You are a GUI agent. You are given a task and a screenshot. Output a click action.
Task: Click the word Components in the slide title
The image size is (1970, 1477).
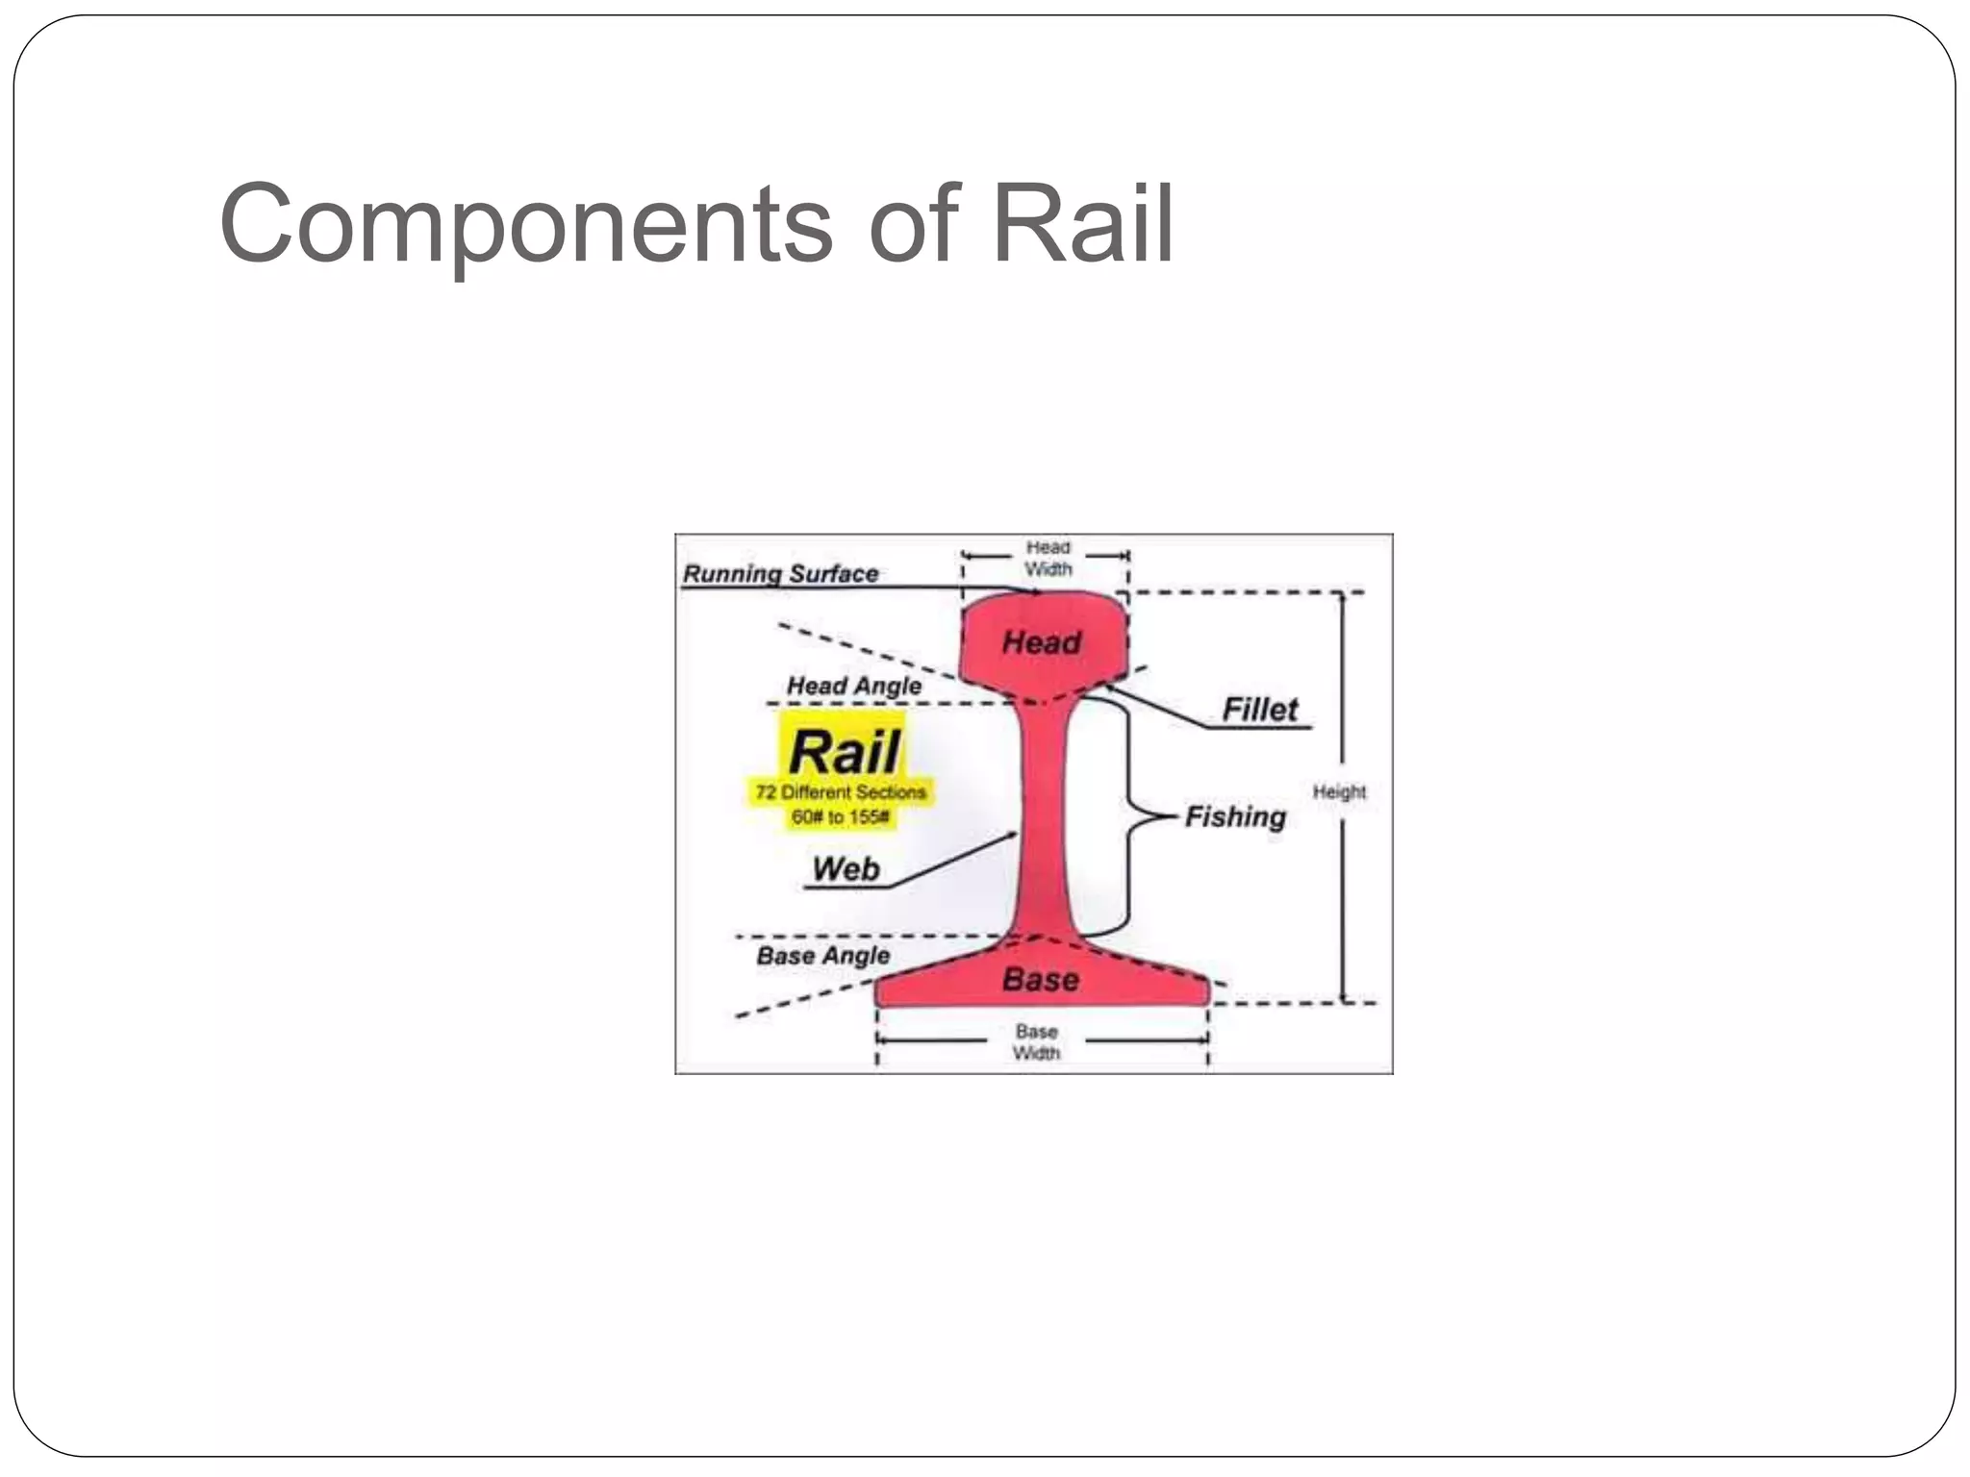pos(525,225)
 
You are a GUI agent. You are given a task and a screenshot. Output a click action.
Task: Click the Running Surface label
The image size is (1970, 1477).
pos(780,574)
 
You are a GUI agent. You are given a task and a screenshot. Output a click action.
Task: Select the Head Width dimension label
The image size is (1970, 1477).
pos(1048,558)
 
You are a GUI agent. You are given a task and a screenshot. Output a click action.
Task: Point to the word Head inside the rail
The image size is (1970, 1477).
pos(1042,642)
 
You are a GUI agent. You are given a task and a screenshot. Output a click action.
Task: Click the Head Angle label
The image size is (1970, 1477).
pos(853,686)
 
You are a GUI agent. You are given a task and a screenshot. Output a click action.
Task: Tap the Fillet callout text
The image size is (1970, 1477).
pos(1259,710)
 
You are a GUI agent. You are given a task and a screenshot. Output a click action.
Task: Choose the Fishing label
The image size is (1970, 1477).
pos(1235,817)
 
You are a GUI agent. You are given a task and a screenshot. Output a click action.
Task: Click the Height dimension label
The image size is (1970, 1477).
pos(1339,791)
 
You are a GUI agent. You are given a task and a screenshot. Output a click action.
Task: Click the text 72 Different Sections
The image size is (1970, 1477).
pos(841,792)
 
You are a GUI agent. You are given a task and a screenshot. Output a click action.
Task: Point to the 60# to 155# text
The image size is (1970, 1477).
pos(840,817)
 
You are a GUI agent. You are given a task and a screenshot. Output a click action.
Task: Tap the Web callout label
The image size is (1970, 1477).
pos(846,868)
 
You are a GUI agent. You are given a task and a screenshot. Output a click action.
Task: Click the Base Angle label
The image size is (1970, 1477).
pos(822,956)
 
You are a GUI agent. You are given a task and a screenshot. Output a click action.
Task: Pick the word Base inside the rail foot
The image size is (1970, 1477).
pos(1040,980)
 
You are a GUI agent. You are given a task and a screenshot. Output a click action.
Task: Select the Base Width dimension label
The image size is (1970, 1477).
pos(1036,1042)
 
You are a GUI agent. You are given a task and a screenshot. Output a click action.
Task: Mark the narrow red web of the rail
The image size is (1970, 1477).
pos(1043,817)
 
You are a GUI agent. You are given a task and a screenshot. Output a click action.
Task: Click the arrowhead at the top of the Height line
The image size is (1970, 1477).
pos(1344,598)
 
